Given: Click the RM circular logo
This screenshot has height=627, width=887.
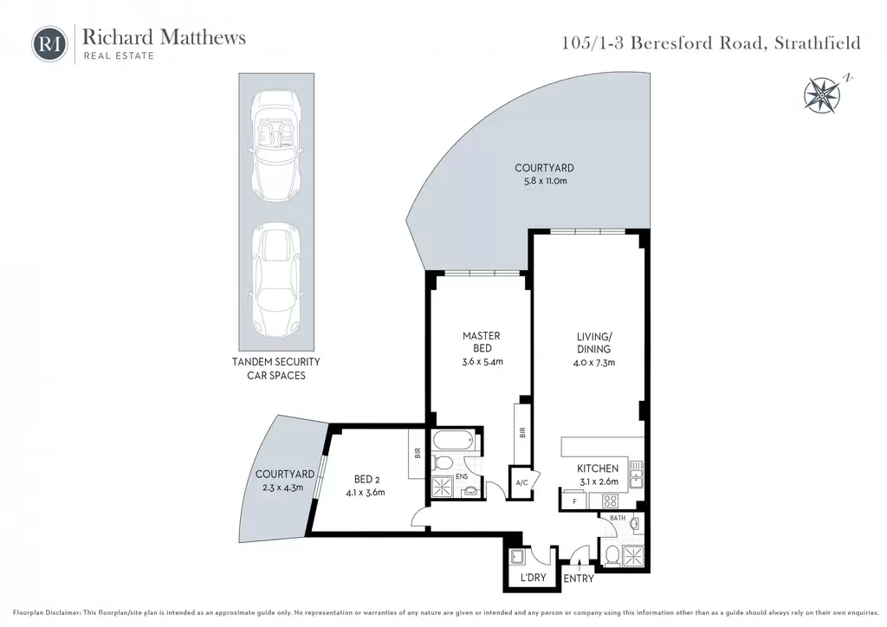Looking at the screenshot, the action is pyautogui.click(x=49, y=43).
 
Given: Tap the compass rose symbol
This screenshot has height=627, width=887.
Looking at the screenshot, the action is pyautogui.click(x=824, y=94).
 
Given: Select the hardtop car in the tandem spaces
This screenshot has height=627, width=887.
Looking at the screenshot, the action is pyautogui.click(x=276, y=278).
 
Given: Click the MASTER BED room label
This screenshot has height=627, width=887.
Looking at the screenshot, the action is pyautogui.click(x=482, y=341).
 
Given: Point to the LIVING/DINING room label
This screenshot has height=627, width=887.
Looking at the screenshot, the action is pyautogui.click(x=594, y=343).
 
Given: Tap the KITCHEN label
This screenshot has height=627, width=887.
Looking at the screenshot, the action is pyautogui.click(x=598, y=469).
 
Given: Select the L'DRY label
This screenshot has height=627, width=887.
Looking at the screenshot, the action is pyautogui.click(x=533, y=578).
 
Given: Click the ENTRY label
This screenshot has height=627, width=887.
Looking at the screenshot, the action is pyautogui.click(x=578, y=579).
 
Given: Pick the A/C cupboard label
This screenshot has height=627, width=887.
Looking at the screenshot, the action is pyautogui.click(x=521, y=482).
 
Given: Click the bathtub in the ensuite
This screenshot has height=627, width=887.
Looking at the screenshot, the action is pyautogui.click(x=454, y=440).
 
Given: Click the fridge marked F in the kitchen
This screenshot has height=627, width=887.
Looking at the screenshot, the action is pyautogui.click(x=575, y=501).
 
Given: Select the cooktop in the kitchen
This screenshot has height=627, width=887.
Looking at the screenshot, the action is pyautogui.click(x=609, y=501).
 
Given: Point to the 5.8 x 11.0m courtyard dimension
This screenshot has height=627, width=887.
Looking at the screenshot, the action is pyautogui.click(x=545, y=181).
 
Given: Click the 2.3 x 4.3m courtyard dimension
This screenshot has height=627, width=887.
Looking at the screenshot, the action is pyautogui.click(x=283, y=488).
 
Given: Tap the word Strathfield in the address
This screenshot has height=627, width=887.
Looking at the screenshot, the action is pyautogui.click(x=818, y=43).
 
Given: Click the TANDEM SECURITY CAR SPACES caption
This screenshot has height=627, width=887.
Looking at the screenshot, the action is pyautogui.click(x=276, y=369).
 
